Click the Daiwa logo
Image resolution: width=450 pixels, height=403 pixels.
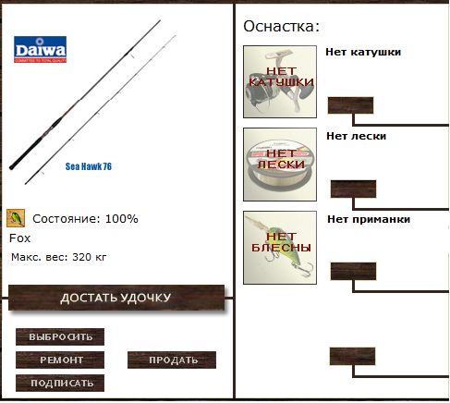[x=40, y=49]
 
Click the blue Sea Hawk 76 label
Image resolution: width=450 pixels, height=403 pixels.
[x=89, y=166]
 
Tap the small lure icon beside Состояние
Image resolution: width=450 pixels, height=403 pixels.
[x=16, y=218]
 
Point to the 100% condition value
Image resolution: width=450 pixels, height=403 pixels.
[x=122, y=219]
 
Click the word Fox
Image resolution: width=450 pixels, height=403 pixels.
[x=20, y=238]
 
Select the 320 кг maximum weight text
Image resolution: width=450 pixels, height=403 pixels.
[x=90, y=257]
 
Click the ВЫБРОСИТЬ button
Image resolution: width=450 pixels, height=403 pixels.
[x=60, y=336]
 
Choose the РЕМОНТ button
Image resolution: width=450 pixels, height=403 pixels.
[x=60, y=360]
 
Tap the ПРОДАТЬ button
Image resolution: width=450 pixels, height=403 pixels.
[x=172, y=360]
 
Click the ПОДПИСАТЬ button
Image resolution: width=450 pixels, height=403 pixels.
[x=60, y=383]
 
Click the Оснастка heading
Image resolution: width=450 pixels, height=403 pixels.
[x=281, y=26]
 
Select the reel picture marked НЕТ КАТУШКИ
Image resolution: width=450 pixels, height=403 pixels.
[x=280, y=81]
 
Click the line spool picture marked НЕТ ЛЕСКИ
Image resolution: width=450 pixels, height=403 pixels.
[x=280, y=165]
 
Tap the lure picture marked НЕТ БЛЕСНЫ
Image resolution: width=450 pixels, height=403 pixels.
[x=280, y=248]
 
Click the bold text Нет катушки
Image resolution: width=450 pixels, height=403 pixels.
[x=363, y=52]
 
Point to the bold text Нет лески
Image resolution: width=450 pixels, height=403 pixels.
[x=357, y=136]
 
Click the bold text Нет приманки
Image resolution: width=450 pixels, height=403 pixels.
[x=369, y=219]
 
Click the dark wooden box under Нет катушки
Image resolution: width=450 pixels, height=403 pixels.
[x=350, y=105]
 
